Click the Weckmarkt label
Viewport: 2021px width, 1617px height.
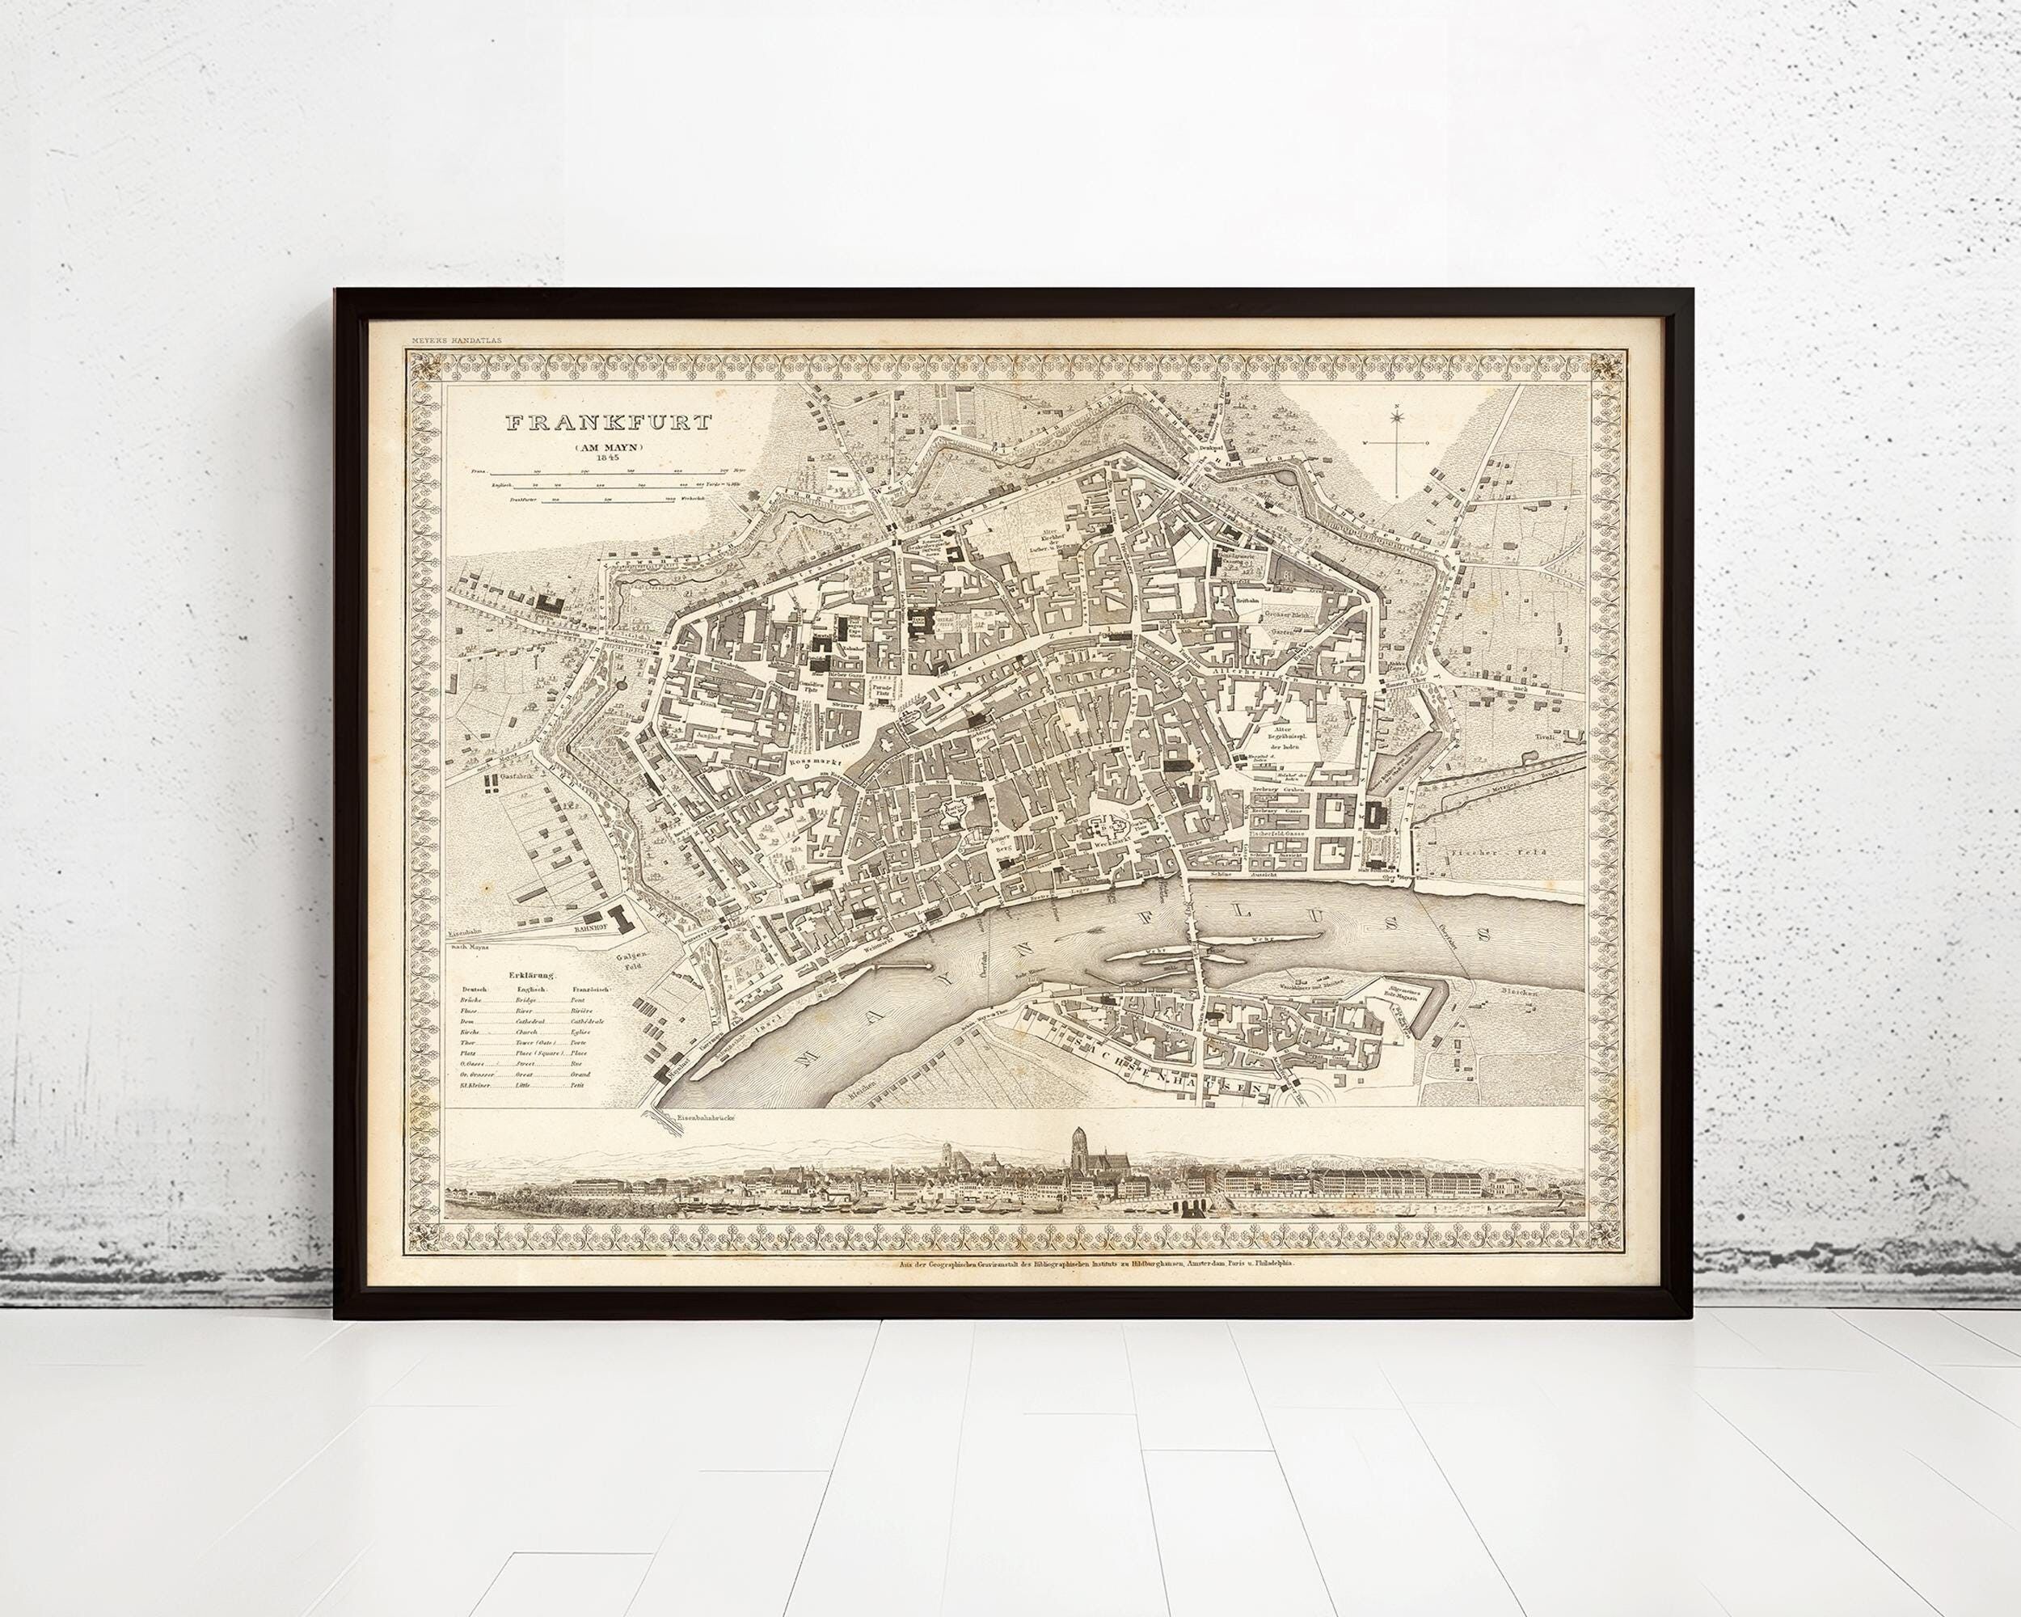pos(1112,843)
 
